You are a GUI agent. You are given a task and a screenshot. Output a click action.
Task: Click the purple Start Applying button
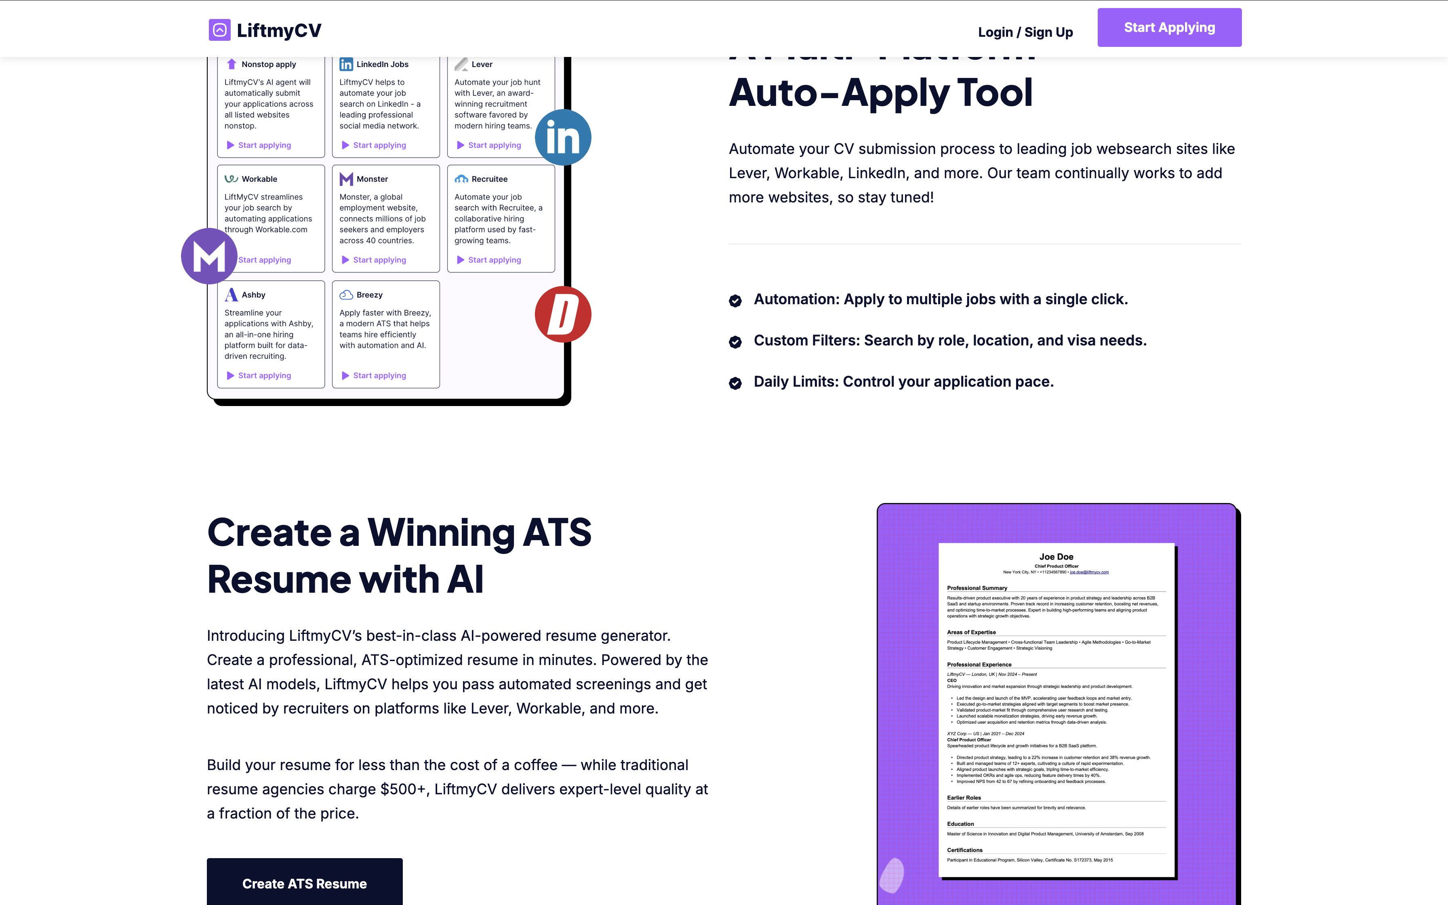[x=1169, y=27]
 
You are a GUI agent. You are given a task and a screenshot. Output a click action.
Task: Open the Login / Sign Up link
[x=1025, y=32]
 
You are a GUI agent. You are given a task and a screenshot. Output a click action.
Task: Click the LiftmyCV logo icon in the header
[x=220, y=30]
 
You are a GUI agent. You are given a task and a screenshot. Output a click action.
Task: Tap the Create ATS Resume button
[x=305, y=884]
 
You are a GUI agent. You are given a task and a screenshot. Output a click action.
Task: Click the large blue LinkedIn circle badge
[x=562, y=138]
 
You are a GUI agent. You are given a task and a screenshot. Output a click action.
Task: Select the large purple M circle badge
[x=209, y=256]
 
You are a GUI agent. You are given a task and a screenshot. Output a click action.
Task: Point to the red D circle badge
[x=562, y=314]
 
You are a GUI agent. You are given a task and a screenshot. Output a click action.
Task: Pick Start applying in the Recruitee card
[x=494, y=260]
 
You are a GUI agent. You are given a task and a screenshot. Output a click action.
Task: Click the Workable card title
[x=259, y=179]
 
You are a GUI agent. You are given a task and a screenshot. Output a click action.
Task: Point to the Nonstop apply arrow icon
[x=232, y=64]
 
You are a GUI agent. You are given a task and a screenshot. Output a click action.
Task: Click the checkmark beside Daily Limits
[x=735, y=383]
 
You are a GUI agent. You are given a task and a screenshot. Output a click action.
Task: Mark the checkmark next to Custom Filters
[x=735, y=342]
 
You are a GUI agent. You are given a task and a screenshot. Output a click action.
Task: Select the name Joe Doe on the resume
[x=1056, y=557]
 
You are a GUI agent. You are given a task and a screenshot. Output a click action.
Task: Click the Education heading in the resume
[x=960, y=824]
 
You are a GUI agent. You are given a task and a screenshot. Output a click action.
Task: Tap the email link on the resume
[x=1089, y=572]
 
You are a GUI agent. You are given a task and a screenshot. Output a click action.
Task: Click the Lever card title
[x=482, y=64]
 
